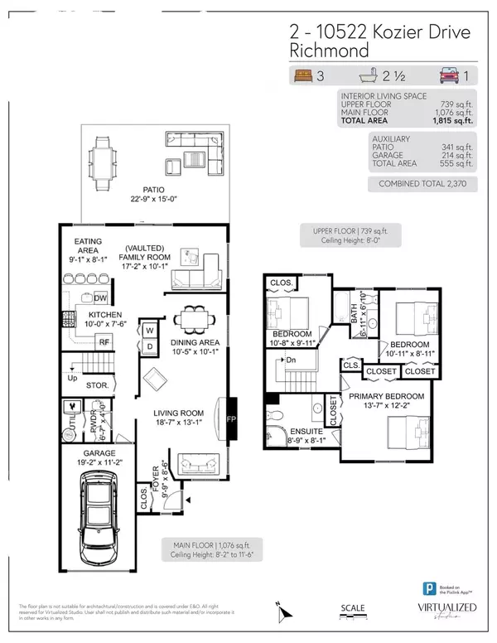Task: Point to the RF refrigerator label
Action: click(105, 341)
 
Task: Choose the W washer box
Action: click(150, 329)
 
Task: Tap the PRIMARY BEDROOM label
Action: click(386, 397)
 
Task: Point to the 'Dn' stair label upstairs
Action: click(291, 360)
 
